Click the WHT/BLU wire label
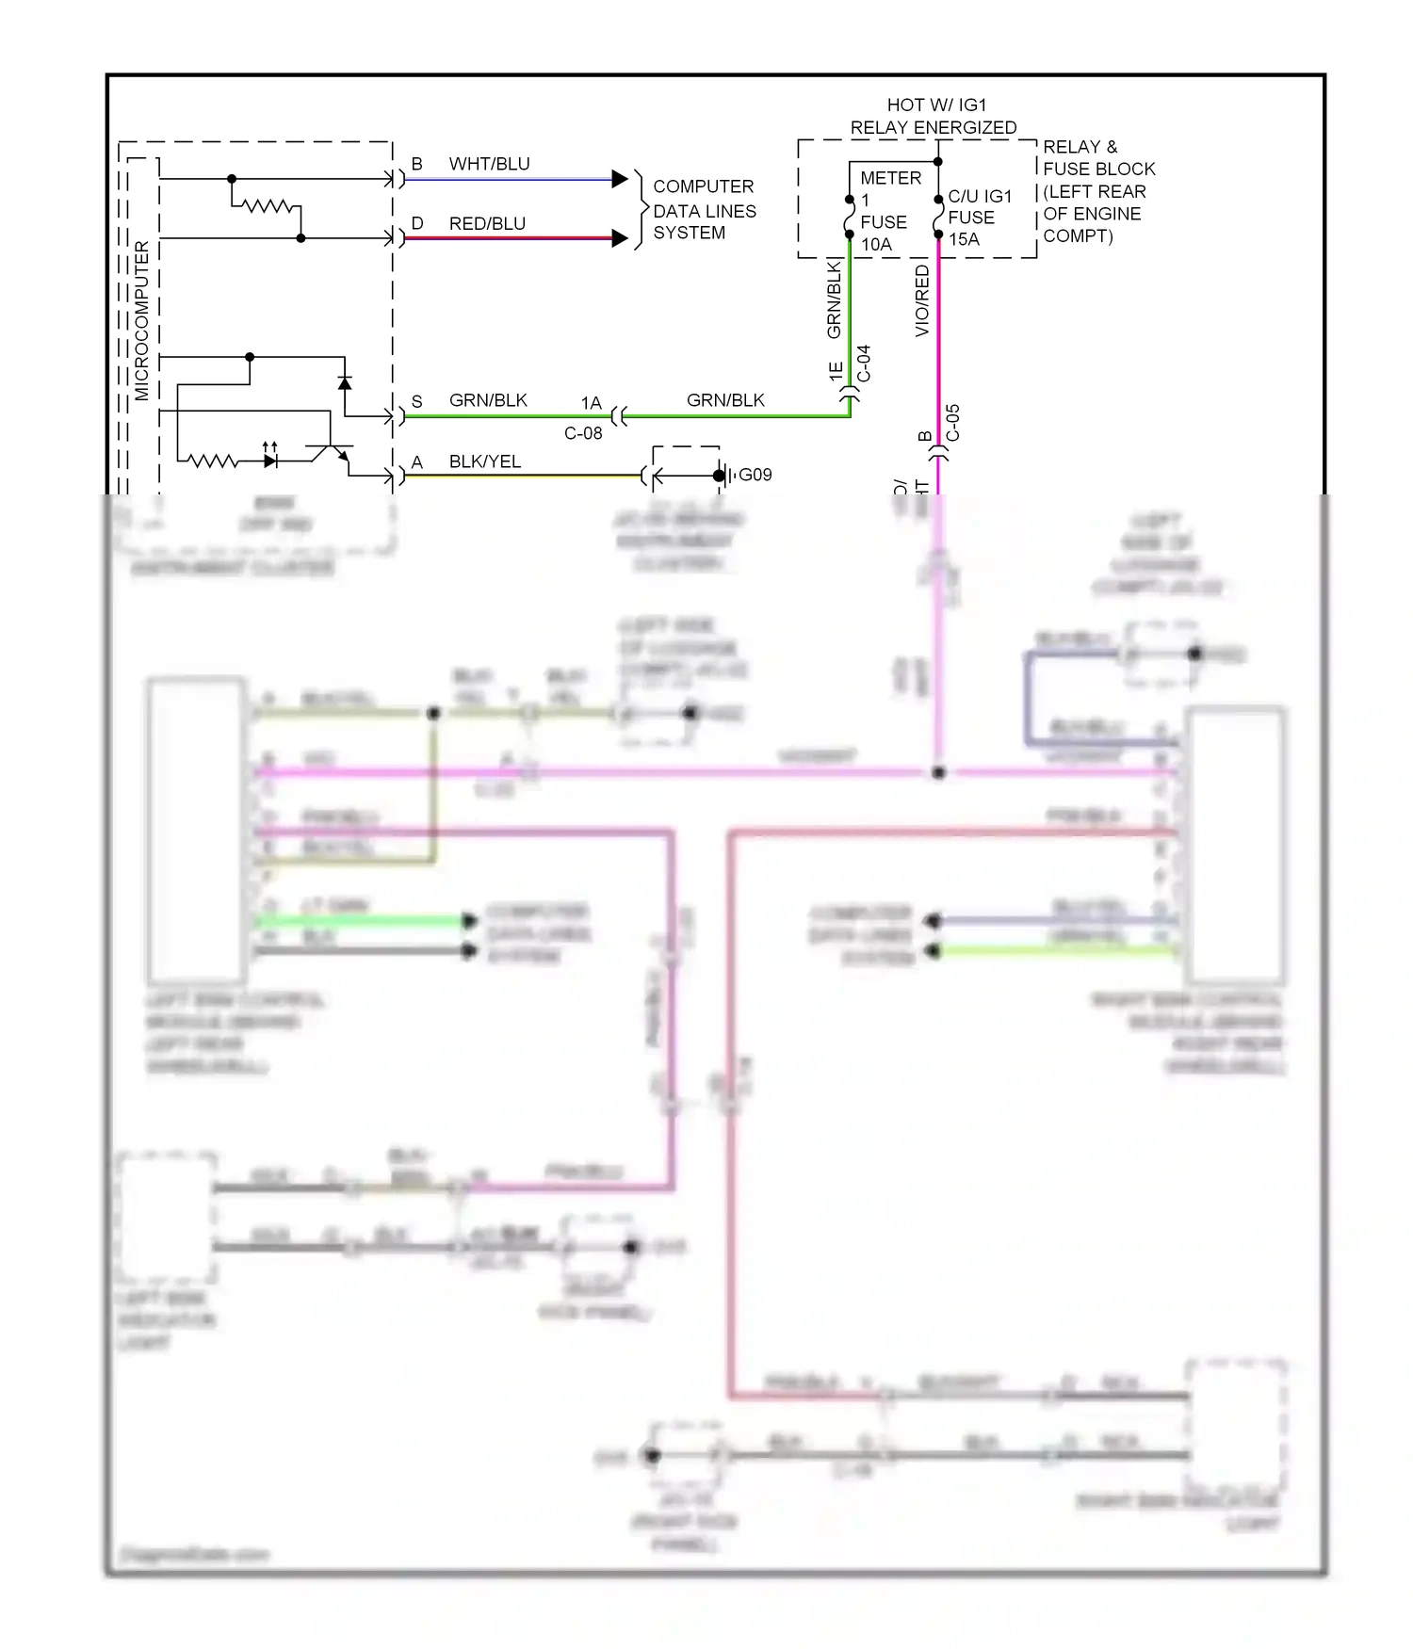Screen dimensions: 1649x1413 (489, 164)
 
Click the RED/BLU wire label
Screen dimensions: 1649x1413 (487, 223)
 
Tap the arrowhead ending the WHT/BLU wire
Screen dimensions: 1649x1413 (619, 179)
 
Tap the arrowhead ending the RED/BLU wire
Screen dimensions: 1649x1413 (619, 238)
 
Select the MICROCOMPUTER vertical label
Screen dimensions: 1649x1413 (142, 320)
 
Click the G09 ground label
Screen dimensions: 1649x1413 (755, 475)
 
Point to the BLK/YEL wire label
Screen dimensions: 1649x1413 (485, 461)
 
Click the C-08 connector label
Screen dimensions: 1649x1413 (583, 433)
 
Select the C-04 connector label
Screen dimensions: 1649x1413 (864, 364)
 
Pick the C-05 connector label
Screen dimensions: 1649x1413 (952, 422)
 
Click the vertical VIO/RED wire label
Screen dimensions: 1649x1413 (922, 299)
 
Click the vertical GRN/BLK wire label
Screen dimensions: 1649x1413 (834, 299)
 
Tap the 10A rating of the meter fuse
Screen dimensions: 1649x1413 (876, 244)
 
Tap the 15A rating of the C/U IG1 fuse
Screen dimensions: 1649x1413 (964, 239)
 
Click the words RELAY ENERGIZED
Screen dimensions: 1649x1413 (933, 127)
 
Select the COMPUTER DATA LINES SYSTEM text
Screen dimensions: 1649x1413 (704, 210)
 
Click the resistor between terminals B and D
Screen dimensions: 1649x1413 (268, 205)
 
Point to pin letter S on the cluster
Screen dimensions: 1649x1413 (416, 401)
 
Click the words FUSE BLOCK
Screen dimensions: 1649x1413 (1098, 169)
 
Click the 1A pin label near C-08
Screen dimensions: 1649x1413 (591, 403)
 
